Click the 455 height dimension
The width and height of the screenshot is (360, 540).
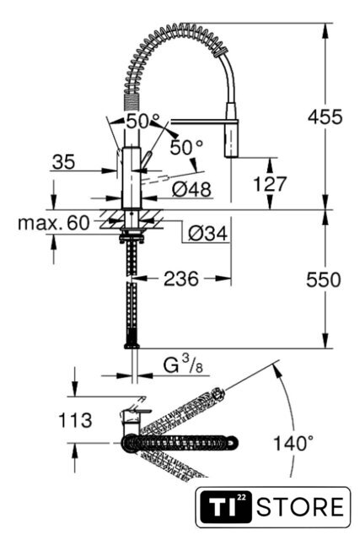click(x=325, y=116)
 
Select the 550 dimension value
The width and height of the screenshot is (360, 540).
click(x=324, y=279)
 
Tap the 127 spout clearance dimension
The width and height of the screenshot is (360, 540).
click(x=270, y=184)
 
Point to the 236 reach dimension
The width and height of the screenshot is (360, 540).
click(x=181, y=278)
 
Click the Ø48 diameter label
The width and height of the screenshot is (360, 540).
click(x=191, y=189)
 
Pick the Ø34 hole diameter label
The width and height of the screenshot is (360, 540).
click(x=208, y=234)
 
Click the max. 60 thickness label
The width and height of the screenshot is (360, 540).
click(x=54, y=223)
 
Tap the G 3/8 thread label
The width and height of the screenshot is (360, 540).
click(x=182, y=365)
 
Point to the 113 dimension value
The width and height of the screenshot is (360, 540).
click(x=75, y=420)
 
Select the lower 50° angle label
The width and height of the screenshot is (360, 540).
click(x=186, y=148)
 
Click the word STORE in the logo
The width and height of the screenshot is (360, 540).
click(x=300, y=506)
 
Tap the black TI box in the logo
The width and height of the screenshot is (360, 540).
click(x=226, y=506)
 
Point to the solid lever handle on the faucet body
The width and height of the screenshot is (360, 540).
click(x=147, y=160)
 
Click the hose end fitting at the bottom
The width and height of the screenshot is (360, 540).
click(x=132, y=345)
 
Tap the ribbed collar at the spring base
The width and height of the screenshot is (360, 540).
click(x=130, y=102)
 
